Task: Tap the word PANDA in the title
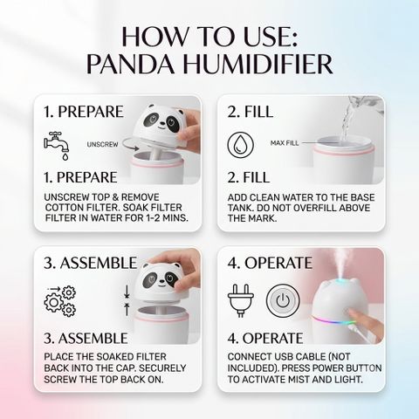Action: (x=131, y=64)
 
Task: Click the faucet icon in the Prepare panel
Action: (x=57, y=146)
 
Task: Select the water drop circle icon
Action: (x=240, y=145)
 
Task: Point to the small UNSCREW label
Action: (x=102, y=144)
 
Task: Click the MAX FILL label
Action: (x=285, y=143)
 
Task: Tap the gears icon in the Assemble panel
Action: (x=60, y=301)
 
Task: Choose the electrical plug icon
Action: (x=240, y=300)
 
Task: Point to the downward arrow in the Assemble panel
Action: (x=127, y=292)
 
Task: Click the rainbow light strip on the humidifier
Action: (x=333, y=320)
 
